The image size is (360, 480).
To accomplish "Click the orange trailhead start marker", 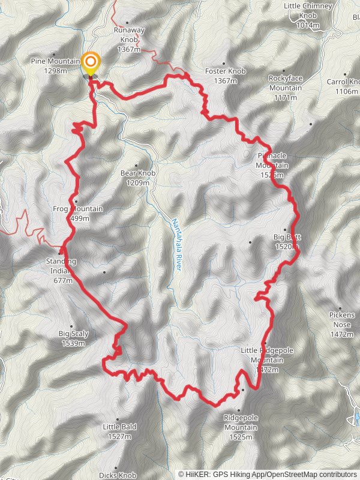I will click(x=91, y=62).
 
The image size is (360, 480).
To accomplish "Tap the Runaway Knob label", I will click(x=129, y=40).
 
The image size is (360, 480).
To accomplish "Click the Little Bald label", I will click(x=120, y=427).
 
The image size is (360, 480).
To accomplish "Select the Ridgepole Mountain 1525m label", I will click(x=241, y=427).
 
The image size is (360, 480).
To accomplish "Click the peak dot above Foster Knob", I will click(x=224, y=63).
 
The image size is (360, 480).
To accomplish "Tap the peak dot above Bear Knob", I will click(x=137, y=165).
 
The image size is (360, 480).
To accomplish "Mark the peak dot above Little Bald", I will click(x=118, y=419).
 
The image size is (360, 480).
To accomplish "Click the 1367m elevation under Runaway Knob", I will click(x=129, y=49).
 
